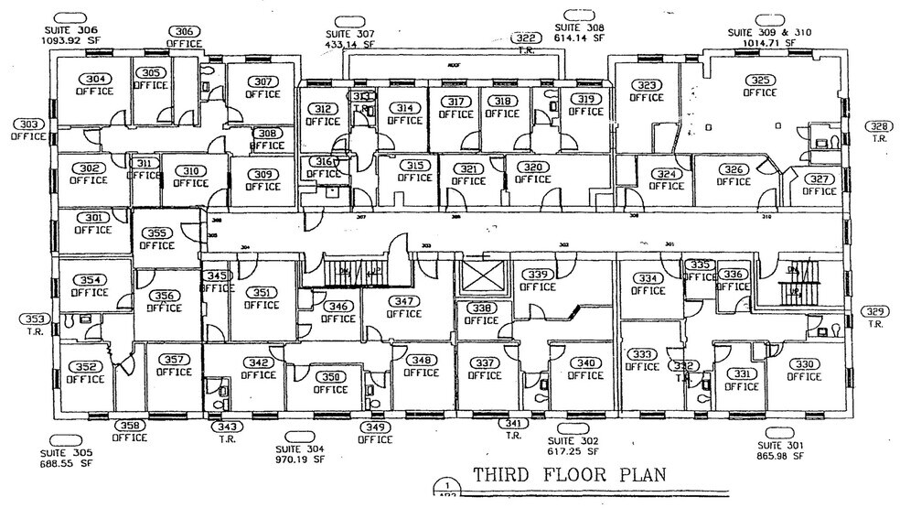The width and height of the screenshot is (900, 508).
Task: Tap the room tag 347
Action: tap(403, 301)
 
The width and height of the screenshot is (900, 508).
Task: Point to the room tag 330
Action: tap(804, 364)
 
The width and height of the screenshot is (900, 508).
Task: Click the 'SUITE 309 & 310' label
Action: tap(768, 31)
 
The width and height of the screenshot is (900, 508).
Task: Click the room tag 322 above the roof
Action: tap(526, 38)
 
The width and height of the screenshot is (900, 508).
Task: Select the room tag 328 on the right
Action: tap(879, 127)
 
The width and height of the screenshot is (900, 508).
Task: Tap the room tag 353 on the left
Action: tap(34, 319)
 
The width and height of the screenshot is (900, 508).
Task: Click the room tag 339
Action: tap(538, 275)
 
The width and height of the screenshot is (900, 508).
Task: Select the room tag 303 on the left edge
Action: tap(28, 124)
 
